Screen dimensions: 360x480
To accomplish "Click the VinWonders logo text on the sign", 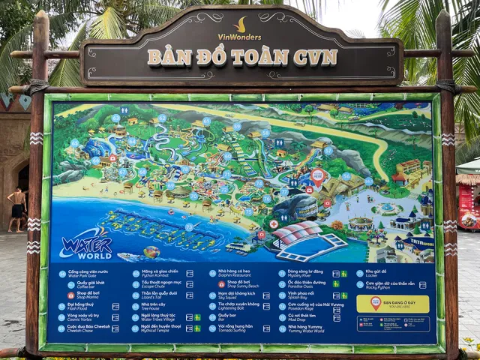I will tap(240, 36).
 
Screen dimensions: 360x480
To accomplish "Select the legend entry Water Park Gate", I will tap(84, 274).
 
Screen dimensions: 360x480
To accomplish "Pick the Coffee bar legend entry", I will tap(84, 284).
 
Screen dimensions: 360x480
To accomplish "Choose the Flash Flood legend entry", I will tap(81, 306).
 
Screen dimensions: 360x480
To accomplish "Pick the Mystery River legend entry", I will tap(304, 274).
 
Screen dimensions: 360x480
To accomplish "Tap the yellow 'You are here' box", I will tap(392, 303).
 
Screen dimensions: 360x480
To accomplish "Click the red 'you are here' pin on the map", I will tap(317, 177).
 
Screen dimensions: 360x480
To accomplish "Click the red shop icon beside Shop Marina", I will tap(62, 295).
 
